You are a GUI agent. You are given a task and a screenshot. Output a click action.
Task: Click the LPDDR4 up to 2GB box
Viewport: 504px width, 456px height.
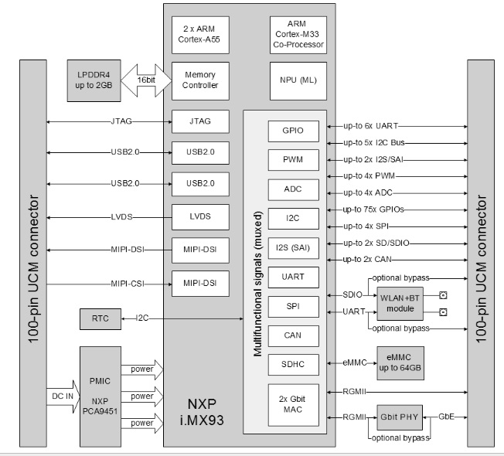click(94, 79)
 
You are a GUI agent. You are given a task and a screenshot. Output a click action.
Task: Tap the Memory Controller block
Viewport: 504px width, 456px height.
click(200, 80)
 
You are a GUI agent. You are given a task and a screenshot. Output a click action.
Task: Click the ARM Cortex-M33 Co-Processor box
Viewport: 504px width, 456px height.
click(298, 35)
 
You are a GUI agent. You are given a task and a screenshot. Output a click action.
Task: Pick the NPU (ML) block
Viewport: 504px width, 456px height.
click(298, 80)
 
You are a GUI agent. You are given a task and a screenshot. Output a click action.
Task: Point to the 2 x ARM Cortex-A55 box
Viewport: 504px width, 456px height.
click(200, 35)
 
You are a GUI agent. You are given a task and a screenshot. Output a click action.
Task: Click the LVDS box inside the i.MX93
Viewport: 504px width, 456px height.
click(200, 217)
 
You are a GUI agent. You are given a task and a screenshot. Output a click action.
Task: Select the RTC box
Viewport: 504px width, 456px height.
click(99, 318)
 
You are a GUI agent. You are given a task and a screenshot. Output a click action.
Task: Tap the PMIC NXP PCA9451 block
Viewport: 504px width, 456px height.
click(99, 395)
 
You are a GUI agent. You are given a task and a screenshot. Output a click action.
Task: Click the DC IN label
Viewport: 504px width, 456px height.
click(63, 395)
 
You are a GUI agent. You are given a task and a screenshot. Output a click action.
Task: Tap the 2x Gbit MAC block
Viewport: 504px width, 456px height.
click(293, 404)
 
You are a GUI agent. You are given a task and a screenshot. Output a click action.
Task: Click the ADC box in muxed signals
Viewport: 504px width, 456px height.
click(293, 190)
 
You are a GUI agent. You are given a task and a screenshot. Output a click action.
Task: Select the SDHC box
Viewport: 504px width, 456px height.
click(293, 362)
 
